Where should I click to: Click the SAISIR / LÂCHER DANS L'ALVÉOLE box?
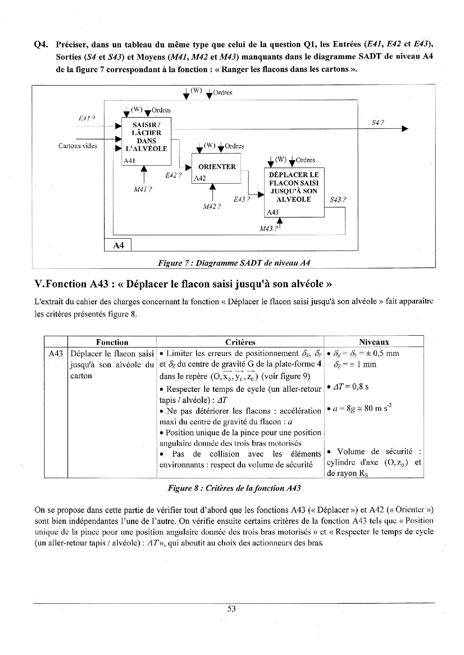pos(146,141)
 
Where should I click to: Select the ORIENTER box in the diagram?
pos(216,168)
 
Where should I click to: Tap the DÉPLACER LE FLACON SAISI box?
pos(294,192)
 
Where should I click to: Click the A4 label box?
pos(118,245)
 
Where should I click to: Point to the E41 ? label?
pos(87,119)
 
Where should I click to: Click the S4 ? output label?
pos(378,122)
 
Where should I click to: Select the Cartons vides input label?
pos(77,146)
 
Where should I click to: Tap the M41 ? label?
pos(143,189)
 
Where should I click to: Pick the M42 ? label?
pos(212,206)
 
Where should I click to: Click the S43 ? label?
pos(338,200)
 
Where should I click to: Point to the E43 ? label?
pos(242,199)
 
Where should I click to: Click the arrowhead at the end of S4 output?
pos(405,129)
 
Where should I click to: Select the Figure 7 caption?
pos(234,262)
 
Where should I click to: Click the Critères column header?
pos(240,342)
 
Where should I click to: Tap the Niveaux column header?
pos(374,342)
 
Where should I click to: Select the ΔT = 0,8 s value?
pos(348,387)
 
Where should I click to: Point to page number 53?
pos(232,609)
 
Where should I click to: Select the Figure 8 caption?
pos(234,488)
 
